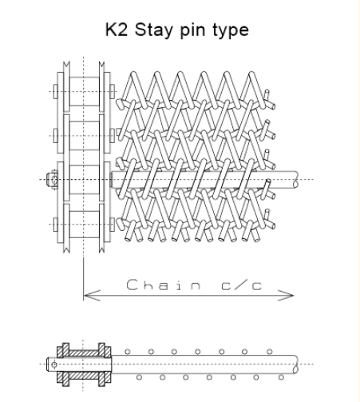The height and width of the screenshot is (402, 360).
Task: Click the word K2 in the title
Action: click(x=117, y=30)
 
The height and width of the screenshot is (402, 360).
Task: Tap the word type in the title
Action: click(x=231, y=30)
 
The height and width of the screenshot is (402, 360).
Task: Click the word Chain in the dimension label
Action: click(x=164, y=285)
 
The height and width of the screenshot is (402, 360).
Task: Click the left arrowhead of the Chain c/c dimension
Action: click(x=92, y=296)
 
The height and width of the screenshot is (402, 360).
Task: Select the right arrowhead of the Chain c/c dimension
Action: click(x=286, y=296)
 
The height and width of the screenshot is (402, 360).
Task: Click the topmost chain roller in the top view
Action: click(x=85, y=92)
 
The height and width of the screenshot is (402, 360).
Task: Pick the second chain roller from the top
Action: click(x=85, y=136)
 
